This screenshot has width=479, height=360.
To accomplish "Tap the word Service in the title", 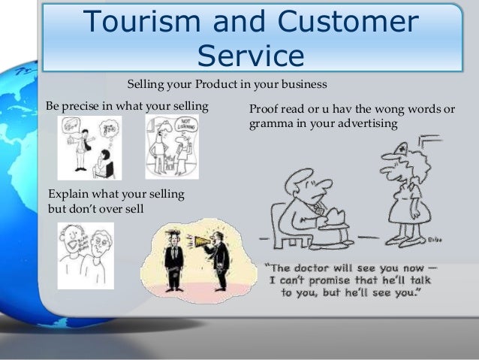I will (x=252, y=56).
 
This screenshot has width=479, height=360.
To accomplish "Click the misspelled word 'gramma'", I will (x=267, y=123).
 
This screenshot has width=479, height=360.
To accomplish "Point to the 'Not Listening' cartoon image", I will (x=172, y=146).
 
